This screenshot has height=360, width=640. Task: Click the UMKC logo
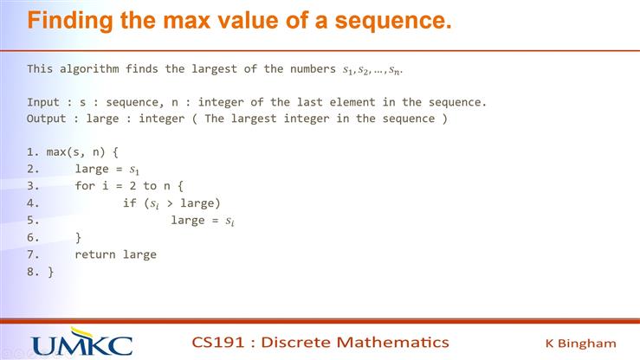82,343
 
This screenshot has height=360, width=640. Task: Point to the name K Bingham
580,343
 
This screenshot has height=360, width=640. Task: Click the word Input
44,101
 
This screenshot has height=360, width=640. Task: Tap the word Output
47,118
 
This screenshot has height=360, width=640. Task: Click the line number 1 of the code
30,151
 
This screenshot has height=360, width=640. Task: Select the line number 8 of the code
30,272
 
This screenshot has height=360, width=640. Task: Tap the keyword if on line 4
130,203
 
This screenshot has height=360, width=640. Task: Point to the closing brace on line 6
79,237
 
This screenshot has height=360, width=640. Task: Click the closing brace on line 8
50,272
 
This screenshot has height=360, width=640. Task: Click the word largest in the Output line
262,118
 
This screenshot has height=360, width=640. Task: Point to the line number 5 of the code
30,221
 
